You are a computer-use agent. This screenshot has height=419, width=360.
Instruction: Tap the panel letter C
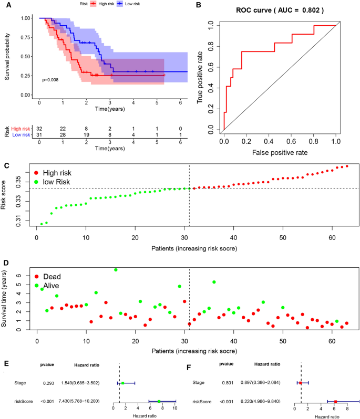pos(6,166)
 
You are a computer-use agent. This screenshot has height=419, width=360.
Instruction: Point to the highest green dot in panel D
pos(116,270)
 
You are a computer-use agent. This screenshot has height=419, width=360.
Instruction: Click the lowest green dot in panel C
pos(42,224)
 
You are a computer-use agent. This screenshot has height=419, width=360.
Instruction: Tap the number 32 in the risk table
pos(39,128)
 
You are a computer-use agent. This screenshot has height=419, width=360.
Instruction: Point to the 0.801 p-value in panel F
pos(227,383)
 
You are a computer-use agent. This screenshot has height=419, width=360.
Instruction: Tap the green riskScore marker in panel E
pos(158,401)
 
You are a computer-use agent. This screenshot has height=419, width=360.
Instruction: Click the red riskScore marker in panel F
pos(335,401)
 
